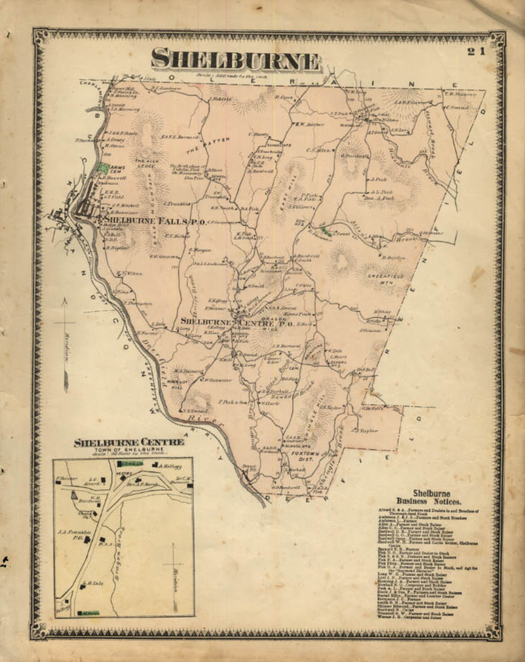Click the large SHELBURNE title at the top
click(x=236, y=60)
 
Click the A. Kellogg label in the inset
click(x=167, y=467)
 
